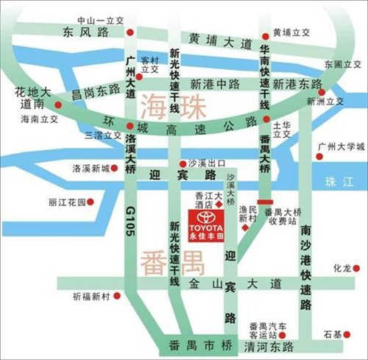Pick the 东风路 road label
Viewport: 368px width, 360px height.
pos(85,32)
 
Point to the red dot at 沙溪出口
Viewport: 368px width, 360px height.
pos(183,163)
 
